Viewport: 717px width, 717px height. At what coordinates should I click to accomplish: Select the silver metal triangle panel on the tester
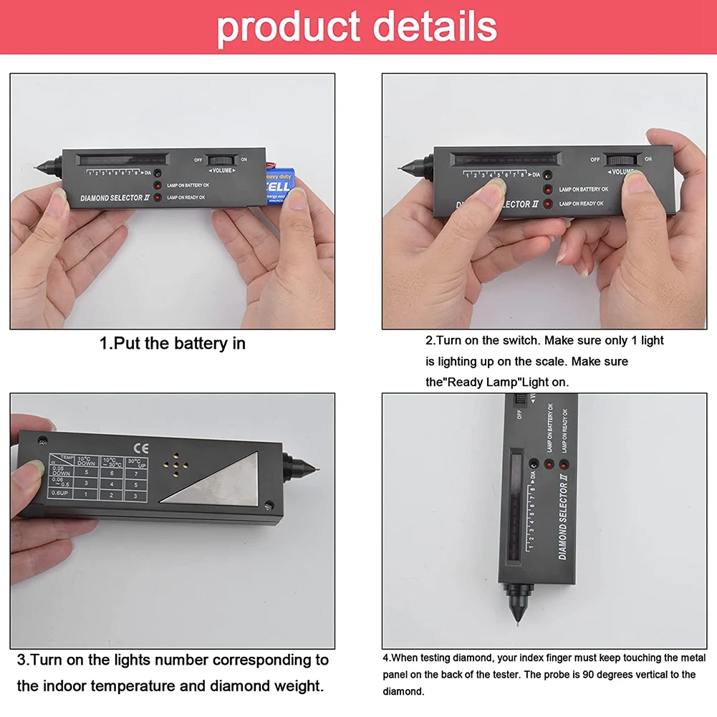[x=214, y=481]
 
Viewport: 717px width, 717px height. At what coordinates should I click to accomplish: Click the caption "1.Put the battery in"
[x=172, y=343]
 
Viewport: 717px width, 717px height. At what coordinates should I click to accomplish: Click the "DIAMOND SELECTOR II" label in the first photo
[x=114, y=198]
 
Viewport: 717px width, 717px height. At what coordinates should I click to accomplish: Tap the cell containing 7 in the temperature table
[x=135, y=473]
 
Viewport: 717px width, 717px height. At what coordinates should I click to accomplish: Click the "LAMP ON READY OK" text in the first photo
[x=186, y=197]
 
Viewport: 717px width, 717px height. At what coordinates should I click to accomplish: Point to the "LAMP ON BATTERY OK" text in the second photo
[x=583, y=189]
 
